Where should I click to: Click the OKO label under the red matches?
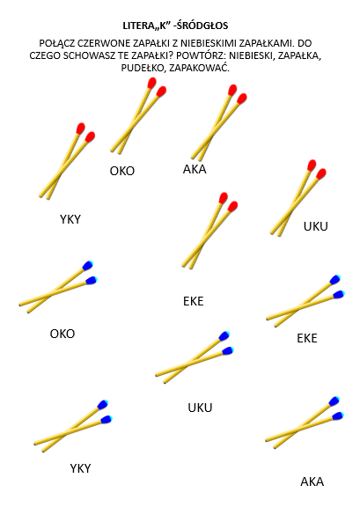tap(122, 171)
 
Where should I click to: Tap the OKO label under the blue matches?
tap(62, 334)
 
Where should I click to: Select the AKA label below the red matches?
tap(195, 169)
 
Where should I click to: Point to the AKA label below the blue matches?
tap(312, 482)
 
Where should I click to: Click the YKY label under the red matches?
tap(70, 219)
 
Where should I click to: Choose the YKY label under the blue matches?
tap(80, 468)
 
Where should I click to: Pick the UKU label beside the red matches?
tap(316, 226)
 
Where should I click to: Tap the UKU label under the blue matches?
tap(200, 408)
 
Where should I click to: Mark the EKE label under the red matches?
tap(193, 301)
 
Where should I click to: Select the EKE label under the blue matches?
tap(306, 338)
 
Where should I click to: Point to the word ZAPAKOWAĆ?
tap(200, 68)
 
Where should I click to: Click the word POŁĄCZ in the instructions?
tap(56, 44)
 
